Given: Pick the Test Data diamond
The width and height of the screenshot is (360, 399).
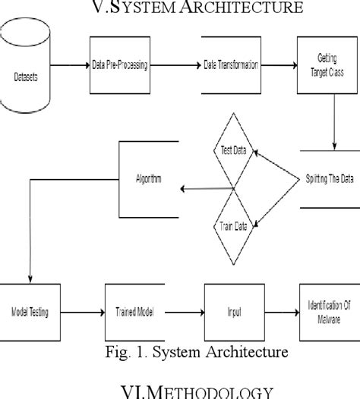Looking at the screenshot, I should (x=232, y=152).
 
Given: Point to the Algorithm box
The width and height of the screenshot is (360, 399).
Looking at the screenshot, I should (x=149, y=181).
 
